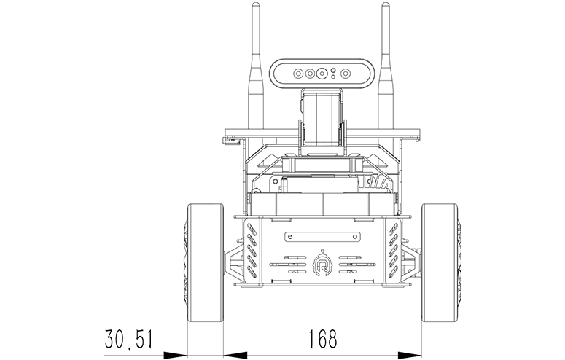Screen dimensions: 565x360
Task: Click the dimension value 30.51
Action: (x=128, y=339)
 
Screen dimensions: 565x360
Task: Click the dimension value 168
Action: (x=323, y=339)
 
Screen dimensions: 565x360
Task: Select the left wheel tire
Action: (x=206, y=262)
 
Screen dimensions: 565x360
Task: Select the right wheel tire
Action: (x=440, y=262)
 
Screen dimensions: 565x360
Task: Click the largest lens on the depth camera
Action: (x=322, y=74)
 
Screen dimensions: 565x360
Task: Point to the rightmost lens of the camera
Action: (x=346, y=74)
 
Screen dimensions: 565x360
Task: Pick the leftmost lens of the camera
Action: (x=298, y=74)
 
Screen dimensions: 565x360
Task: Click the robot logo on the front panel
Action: (x=322, y=265)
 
